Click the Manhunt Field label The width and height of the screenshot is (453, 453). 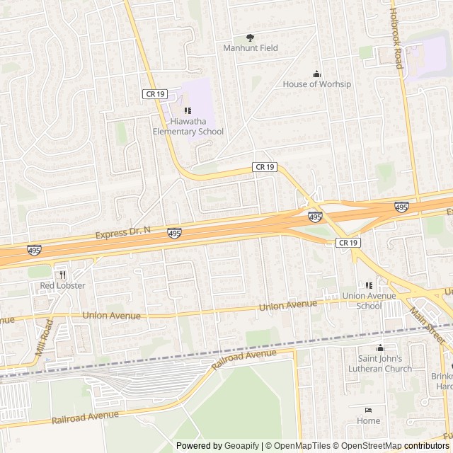251,48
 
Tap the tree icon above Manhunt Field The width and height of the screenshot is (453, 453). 250,38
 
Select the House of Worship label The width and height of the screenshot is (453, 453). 316,84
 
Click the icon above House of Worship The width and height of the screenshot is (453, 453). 316,74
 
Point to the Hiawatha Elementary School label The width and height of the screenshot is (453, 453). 188,126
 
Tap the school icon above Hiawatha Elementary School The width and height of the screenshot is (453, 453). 188,110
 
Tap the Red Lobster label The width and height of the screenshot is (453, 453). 62,286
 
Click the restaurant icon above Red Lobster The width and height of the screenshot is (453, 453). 62,275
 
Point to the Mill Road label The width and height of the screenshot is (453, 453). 44,338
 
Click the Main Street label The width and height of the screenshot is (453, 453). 426,325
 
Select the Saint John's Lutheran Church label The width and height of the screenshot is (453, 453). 380,364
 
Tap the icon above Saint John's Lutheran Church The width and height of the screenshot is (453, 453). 380,348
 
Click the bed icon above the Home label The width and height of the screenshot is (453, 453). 368,410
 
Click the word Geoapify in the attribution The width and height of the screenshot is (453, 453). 242,446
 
